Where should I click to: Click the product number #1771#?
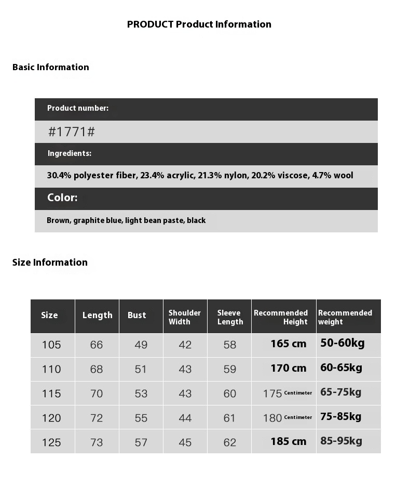[72, 132]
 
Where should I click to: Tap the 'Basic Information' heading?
[51, 67]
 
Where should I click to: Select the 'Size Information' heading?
[50, 262]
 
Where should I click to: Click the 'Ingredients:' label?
[70, 153]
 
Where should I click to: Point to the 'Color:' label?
[62, 198]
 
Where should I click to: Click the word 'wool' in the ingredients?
[344, 175]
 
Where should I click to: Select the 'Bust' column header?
[137, 315]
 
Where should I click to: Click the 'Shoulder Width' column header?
[185, 317]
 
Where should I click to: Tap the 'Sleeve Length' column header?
[230, 317]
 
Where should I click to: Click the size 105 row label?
[51, 345]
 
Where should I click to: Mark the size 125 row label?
[51, 442]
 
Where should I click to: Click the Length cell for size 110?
[97, 369]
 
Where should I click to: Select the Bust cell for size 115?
[141, 394]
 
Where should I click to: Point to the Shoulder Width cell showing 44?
[185, 418]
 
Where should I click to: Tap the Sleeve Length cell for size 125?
[230, 442]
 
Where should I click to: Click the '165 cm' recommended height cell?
[288, 344]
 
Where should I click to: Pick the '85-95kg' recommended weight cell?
[341, 441]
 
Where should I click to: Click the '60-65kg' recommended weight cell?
[341, 368]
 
